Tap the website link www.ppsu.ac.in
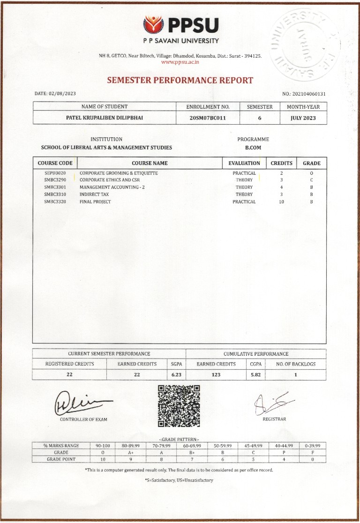click(180, 62)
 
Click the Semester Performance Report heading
click(180, 80)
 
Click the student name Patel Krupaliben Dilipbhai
click(104, 118)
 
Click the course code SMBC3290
click(55, 180)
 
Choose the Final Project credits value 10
click(281, 202)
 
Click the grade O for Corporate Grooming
click(311, 173)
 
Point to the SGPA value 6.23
click(176, 375)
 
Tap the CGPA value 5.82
click(255, 375)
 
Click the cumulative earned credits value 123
click(216, 375)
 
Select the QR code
click(179, 406)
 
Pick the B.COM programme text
click(253, 148)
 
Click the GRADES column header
click(311, 163)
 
